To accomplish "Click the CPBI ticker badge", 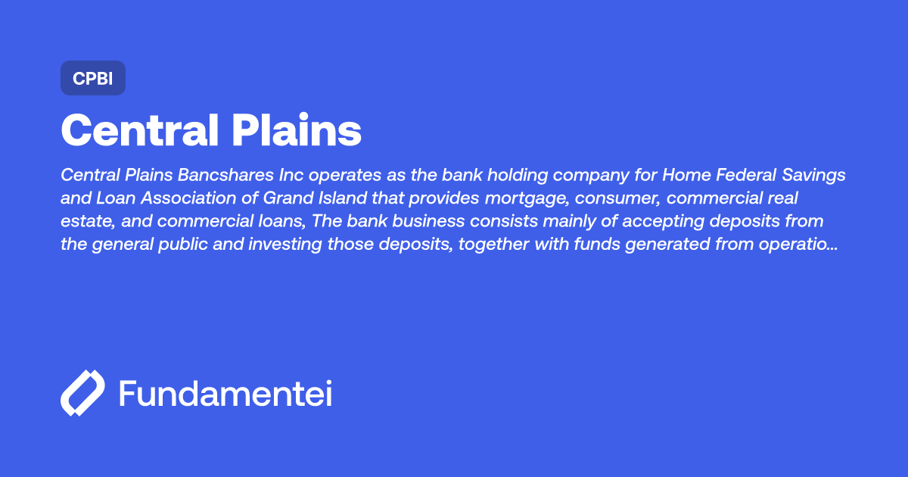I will [92, 78].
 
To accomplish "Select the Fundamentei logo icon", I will [82, 393].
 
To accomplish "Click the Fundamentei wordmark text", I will [225, 393].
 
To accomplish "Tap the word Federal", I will [744, 175].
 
